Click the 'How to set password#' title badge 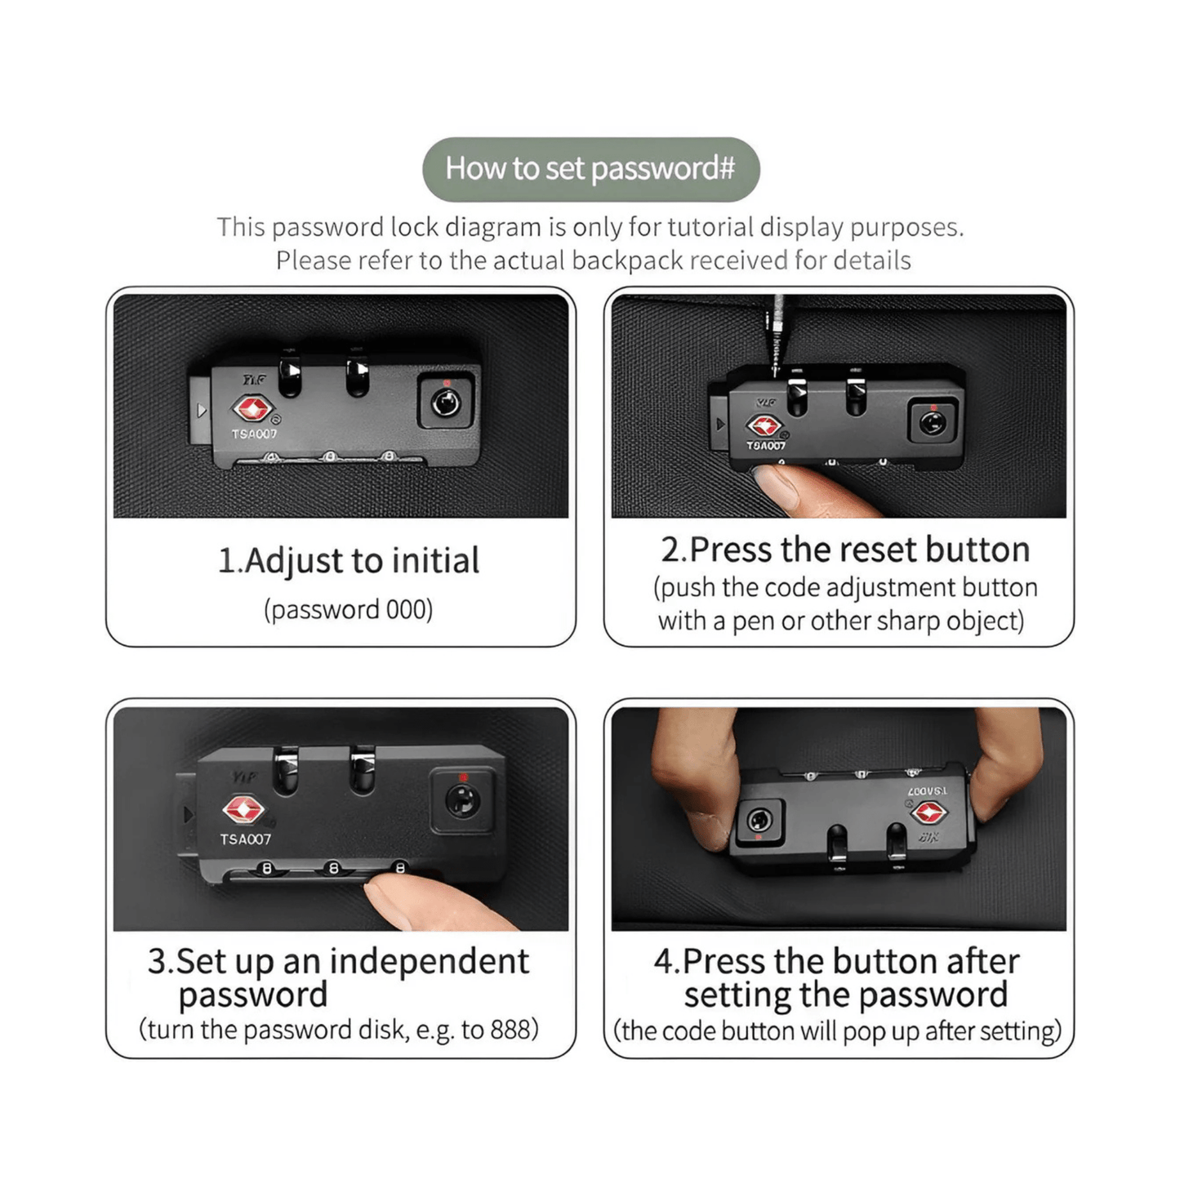click(590, 169)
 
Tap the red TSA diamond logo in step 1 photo click(252, 409)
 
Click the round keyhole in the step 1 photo click(445, 403)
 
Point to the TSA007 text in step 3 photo click(245, 839)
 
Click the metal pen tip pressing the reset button click(777, 361)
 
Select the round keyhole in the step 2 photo click(932, 423)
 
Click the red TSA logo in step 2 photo click(764, 426)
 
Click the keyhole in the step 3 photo click(462, 800)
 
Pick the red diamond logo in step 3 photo click(243, 810)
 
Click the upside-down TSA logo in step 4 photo click(929, 813)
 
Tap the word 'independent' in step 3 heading click(429, 961)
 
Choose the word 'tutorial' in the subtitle click(711, 227)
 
